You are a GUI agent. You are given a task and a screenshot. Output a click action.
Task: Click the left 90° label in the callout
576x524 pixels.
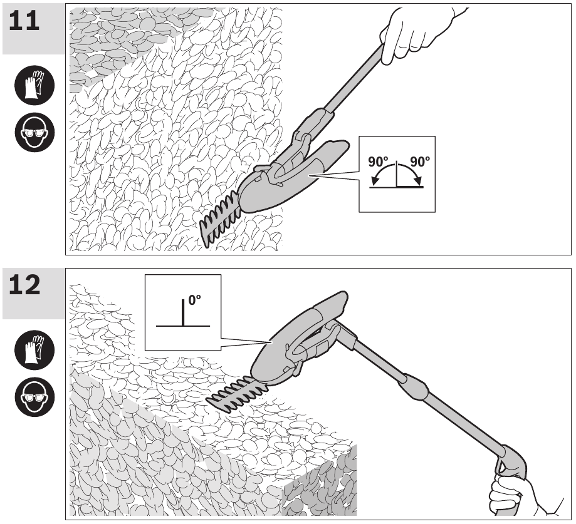pyautogui.click(x=379, y=162)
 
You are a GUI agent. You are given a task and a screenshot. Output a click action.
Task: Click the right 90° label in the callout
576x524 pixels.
pyautogui.click(x=419, y=162)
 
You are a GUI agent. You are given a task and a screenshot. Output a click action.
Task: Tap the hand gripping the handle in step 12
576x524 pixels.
pyautogui.click(x=511, y=495)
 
